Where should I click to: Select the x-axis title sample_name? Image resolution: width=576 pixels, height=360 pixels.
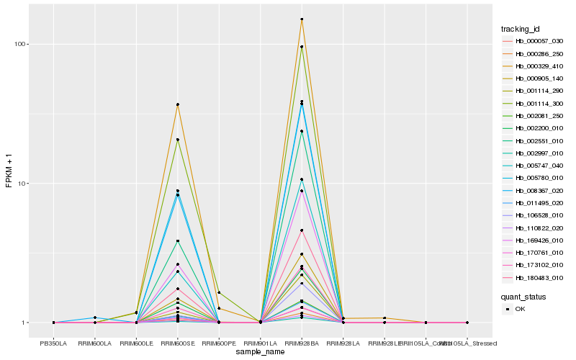click(260, 353)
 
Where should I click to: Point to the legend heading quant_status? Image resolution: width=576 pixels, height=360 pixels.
click(523, 296)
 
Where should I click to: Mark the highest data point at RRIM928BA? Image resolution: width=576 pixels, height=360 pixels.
click(302, 19)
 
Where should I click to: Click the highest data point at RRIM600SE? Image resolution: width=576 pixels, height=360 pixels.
click(178, 104)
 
